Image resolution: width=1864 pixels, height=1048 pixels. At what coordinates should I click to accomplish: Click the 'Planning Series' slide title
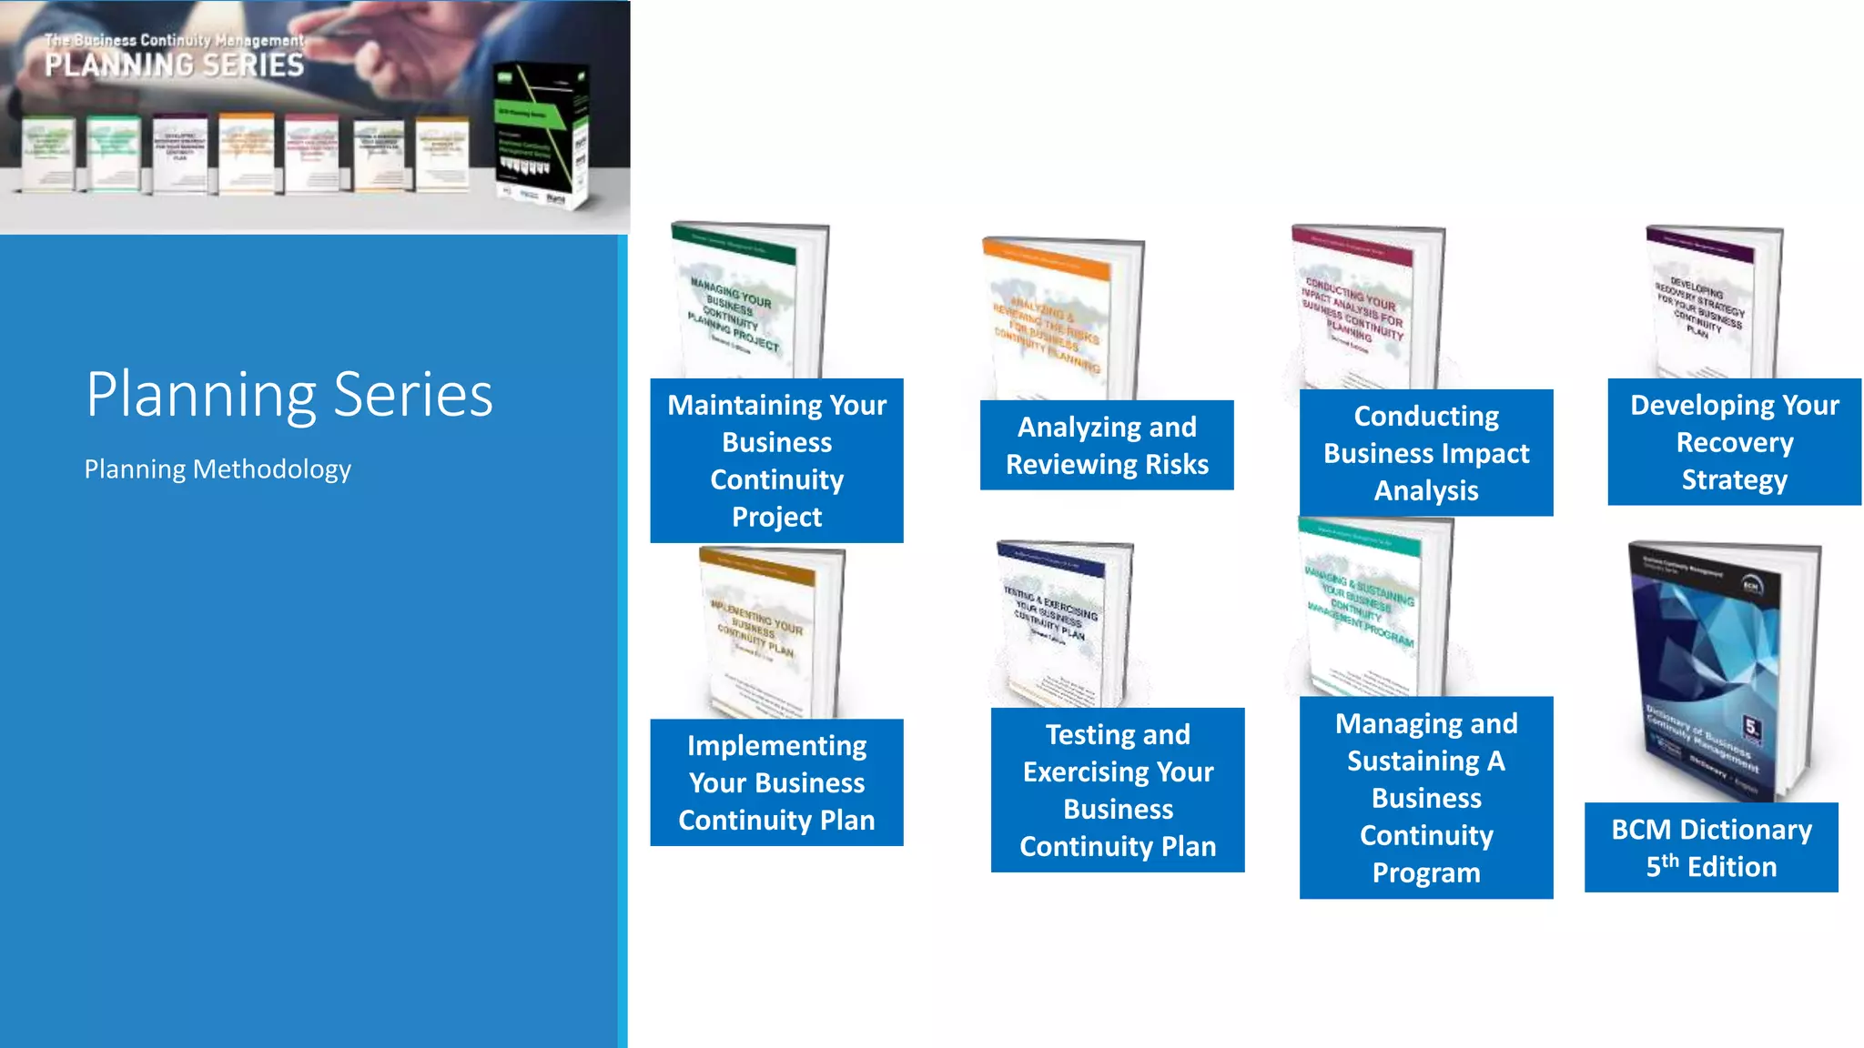coord(289,395)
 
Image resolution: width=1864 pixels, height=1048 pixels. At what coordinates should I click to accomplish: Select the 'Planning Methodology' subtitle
coord(218,469)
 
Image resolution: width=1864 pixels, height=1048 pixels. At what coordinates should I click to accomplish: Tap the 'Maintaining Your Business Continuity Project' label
coord(776,460)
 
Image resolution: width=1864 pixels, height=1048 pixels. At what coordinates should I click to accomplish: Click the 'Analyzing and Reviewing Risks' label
coord(1107,445)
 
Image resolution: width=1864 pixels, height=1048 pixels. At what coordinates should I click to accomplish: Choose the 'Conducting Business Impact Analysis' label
coord(1426,453)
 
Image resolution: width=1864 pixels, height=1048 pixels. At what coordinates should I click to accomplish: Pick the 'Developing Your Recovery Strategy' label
coord(1734,442)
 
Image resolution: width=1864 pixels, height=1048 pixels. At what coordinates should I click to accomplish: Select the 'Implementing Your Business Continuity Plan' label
coord(776,782)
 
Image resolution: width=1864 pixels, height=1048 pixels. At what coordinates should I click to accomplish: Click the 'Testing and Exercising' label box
coord(1118,790)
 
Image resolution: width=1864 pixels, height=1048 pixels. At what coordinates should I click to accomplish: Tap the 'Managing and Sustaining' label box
coord(1426,797)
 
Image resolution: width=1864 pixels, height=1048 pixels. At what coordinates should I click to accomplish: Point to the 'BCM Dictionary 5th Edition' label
coord(1711,847)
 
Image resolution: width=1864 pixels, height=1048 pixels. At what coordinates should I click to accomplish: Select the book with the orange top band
coord(1060,318)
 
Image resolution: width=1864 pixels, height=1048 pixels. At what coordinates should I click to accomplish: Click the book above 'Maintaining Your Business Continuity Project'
coord(748,300)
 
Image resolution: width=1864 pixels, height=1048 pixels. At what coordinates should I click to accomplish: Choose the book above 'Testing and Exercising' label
coord(1063,623)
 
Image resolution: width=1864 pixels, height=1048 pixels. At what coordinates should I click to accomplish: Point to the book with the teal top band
coord(1370,605)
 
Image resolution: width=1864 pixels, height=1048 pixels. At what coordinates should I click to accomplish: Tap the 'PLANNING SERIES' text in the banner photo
coord(175,65)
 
